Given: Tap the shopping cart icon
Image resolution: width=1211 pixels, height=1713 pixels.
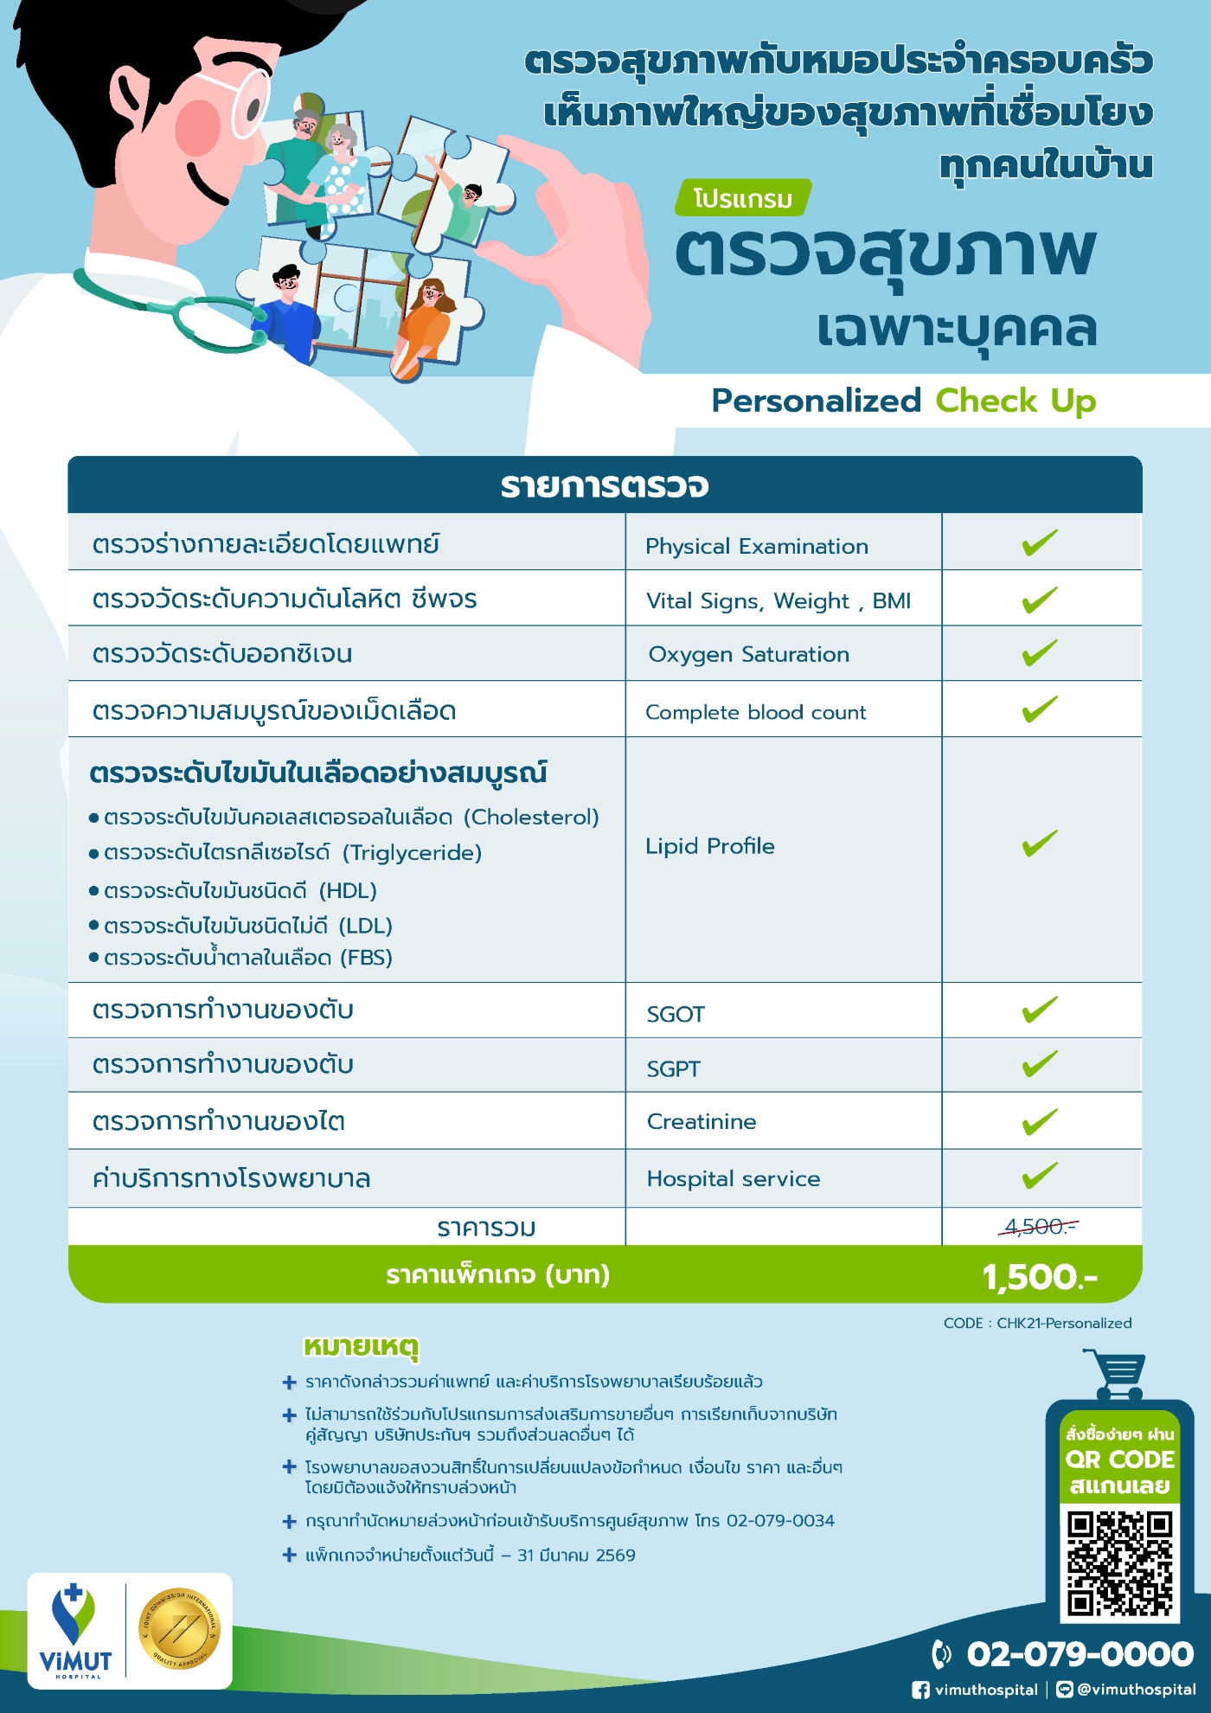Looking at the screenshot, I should (x=1117, y=1373).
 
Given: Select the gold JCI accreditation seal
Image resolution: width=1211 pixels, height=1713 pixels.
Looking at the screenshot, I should (x=180, y=1629).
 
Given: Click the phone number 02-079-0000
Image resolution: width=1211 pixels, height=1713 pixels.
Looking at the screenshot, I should (x=1080, y=1654).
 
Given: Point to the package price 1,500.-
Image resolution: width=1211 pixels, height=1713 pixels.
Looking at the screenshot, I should (x=1039, y=1277).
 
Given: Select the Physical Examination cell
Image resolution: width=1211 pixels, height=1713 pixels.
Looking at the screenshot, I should (x=756, y=546).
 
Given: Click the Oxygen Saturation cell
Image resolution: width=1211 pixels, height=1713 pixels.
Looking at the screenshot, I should (x=749, y=654).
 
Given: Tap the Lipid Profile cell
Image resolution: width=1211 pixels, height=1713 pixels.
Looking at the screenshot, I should (x=710, y=846).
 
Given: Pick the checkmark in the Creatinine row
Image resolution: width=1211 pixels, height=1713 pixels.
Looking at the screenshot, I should (x=1039, y=1121).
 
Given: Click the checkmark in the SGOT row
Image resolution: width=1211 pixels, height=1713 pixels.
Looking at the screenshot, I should (x=1039, y=1010).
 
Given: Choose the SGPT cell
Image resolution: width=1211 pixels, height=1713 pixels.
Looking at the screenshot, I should (x=674, y=1068).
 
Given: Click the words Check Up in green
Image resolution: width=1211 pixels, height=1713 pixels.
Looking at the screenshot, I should (x=1016, y=401).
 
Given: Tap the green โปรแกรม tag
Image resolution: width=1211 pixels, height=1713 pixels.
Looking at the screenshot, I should (x=743, y=198).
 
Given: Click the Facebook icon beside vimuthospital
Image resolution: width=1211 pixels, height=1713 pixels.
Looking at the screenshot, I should (x=921, y=1690).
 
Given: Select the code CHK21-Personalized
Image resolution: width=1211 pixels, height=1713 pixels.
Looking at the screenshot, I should (x=1063, y=1323).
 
